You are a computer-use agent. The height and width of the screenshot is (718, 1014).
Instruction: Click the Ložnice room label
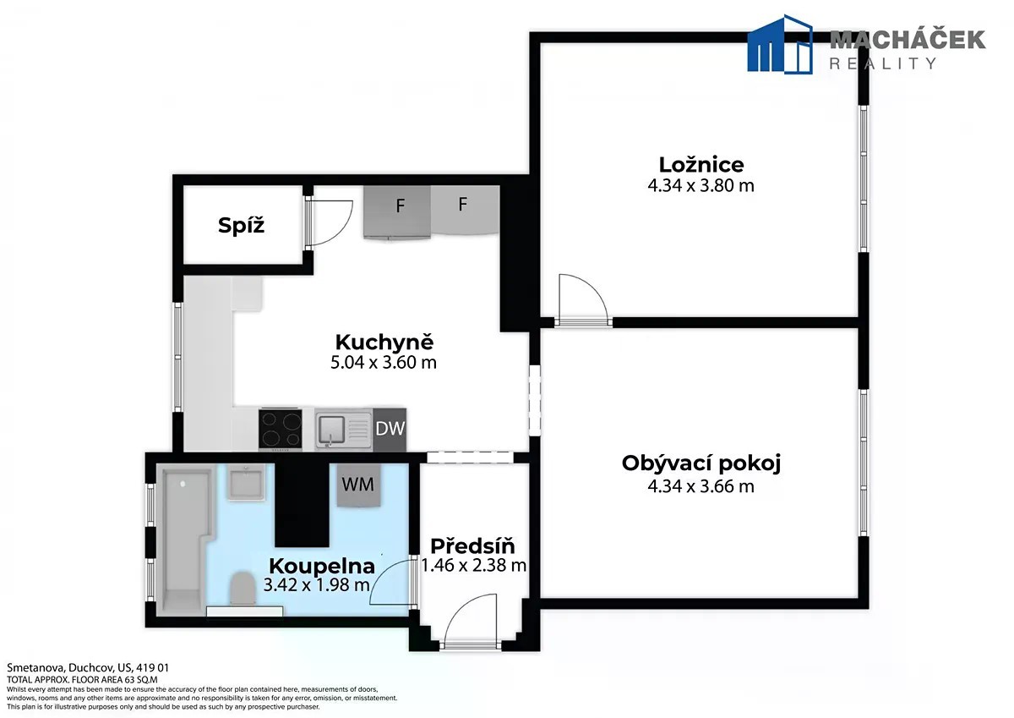[x=701, y=164]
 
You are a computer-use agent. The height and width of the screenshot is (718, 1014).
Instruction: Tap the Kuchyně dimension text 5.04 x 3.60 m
[x=384, y=363]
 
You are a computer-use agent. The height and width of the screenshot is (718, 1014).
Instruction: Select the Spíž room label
[x=242, y=225]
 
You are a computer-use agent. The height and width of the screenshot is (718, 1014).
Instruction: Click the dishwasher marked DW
[x=390, y=430]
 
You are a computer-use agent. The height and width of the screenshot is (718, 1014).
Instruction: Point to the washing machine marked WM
[x=358, y=485]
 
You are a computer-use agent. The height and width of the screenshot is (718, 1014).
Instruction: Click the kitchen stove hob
[x=281, y=430]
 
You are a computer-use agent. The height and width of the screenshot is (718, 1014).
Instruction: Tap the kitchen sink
[x=344, y=430]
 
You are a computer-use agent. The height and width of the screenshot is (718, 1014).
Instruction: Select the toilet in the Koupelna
[x=243, y=589]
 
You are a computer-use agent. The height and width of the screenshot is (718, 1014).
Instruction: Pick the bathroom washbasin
[x=245, y=484]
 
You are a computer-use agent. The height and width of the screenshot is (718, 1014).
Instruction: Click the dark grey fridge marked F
[x=397, y=212]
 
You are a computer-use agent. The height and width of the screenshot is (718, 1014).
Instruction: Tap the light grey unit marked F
[x=465, y=210]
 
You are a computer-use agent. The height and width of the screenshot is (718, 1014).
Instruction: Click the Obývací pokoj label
[x=701, y=463]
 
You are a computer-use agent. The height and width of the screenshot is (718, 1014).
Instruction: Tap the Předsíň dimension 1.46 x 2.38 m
[x=473, y=565]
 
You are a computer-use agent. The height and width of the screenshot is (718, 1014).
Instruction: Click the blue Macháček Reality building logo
[x=779, y=44]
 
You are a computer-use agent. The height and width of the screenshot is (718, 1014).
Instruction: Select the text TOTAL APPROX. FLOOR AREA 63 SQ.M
[x=82, y=679]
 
